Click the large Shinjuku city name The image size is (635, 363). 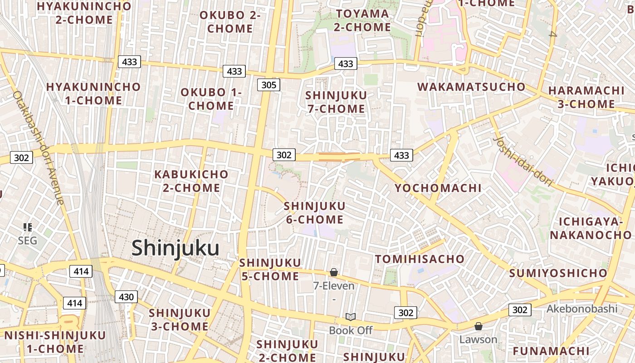click(x=176, y=248)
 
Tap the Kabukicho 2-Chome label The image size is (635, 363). click(x=191, y=181)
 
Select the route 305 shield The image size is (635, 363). click(x=269, y=85)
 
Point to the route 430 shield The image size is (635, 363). click(x=126, y=297)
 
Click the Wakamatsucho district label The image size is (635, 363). click(x=471, y=87)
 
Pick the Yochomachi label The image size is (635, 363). click(x=438, y=188)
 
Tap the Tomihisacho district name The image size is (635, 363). click(x=420, y=259)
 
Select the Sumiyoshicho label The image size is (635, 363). click(x=558, y=273)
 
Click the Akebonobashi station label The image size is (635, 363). click(x=582, y=309)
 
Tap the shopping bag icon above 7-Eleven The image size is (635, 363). click(x=334, y=272)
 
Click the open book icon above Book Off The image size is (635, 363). click(x=350, y=317)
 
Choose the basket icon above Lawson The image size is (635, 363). click(x=478, y=326)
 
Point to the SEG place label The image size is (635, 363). click(x=27, y=240)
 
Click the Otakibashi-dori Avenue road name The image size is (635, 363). click(x=39, y=147)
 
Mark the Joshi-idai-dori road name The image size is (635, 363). click(x=523, y=161)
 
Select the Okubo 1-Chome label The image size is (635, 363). click(x=211, y=99)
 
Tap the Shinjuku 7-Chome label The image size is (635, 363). click(x=336, y=102)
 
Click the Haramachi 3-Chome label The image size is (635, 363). click(x=586, y=97)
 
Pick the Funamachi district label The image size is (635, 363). click(x=551, y=351)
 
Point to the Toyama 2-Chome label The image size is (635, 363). click(x=362, y=20)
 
